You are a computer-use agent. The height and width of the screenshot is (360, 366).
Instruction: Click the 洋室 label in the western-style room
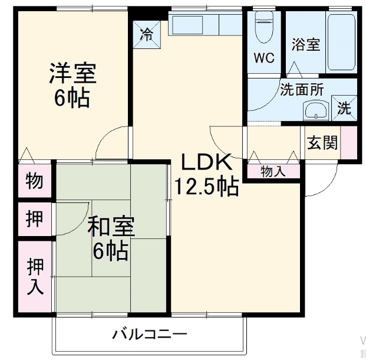[x=72, y=73]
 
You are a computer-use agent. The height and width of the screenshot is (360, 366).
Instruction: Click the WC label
[x=264, y=58]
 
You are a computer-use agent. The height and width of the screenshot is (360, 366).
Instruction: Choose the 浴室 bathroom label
[x=306, y=44]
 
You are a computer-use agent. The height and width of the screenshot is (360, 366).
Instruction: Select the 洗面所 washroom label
[x=301, y=90]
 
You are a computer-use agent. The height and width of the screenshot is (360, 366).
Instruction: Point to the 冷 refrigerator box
[x=146, y=33]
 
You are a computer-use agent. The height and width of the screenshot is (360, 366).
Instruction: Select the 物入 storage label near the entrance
[x=273, y=171]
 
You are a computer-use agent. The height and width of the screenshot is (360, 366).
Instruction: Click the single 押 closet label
[x=34, y=219]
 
